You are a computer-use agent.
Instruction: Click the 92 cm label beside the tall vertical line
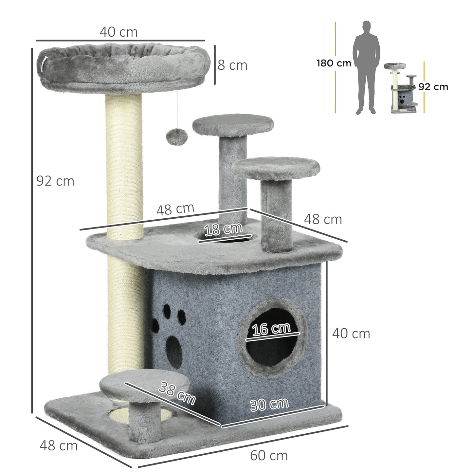[x=55, y=181]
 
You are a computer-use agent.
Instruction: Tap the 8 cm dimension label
[x=232, y=65]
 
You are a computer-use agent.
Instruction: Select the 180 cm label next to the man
[x=334, y=63]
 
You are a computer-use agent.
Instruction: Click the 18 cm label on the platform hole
[x=224, y=229]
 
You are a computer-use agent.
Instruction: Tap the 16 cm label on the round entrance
[x=272, y=329]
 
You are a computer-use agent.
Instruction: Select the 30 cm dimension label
[x=269, y=405]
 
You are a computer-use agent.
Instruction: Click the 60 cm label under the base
[x=269, y=455]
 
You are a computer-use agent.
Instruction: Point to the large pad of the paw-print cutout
[x=173, y=350]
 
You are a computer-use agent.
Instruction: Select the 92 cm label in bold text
[x=433, y=87]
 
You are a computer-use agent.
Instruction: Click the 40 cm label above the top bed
[x=118, y=32]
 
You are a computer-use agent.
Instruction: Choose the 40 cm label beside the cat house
[x=351, y=334]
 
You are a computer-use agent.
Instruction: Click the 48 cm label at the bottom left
[x=59, y=446]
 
